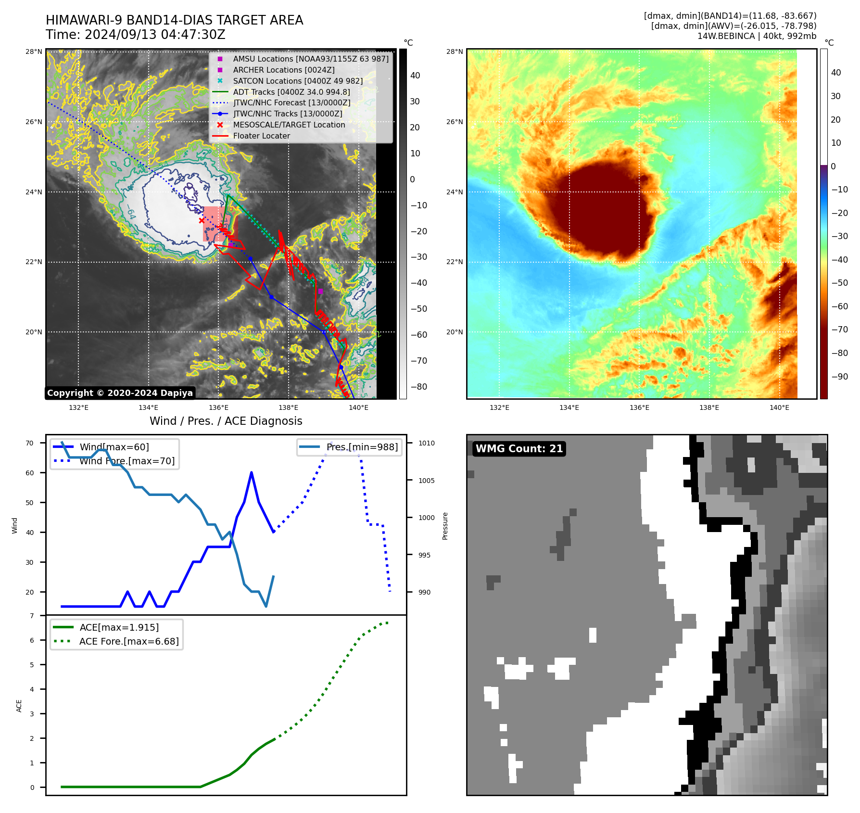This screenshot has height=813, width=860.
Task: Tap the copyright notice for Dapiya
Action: point(120,393)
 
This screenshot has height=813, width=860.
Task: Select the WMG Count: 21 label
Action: point(519,449)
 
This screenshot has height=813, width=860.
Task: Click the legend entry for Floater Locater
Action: point(261,136)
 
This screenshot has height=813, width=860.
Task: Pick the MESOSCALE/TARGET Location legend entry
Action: point(289,125)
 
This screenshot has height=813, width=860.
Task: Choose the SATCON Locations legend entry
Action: point(297,81)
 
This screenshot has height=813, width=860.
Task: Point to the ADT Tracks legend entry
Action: point(291,92)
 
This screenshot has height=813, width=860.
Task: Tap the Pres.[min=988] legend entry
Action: point(362,447)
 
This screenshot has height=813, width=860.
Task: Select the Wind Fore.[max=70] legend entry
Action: point(127,461)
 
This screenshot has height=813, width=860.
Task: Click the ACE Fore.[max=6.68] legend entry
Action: point(129,642)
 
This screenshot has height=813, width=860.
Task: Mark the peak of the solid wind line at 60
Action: point(252,473)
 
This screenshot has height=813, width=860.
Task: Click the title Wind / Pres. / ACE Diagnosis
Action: point(226,421)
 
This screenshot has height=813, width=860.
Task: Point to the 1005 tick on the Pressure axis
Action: point(426,481)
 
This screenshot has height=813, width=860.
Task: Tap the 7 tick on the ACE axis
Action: point(32,616)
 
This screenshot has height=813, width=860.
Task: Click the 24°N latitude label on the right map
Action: point(455,192)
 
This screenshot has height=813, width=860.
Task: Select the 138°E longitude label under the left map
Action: point(289,408)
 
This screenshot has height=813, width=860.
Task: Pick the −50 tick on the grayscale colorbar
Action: point(418,309)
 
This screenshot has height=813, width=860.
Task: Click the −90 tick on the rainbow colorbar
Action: point(840,377)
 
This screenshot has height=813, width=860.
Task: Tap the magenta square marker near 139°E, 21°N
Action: point(320,292)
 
